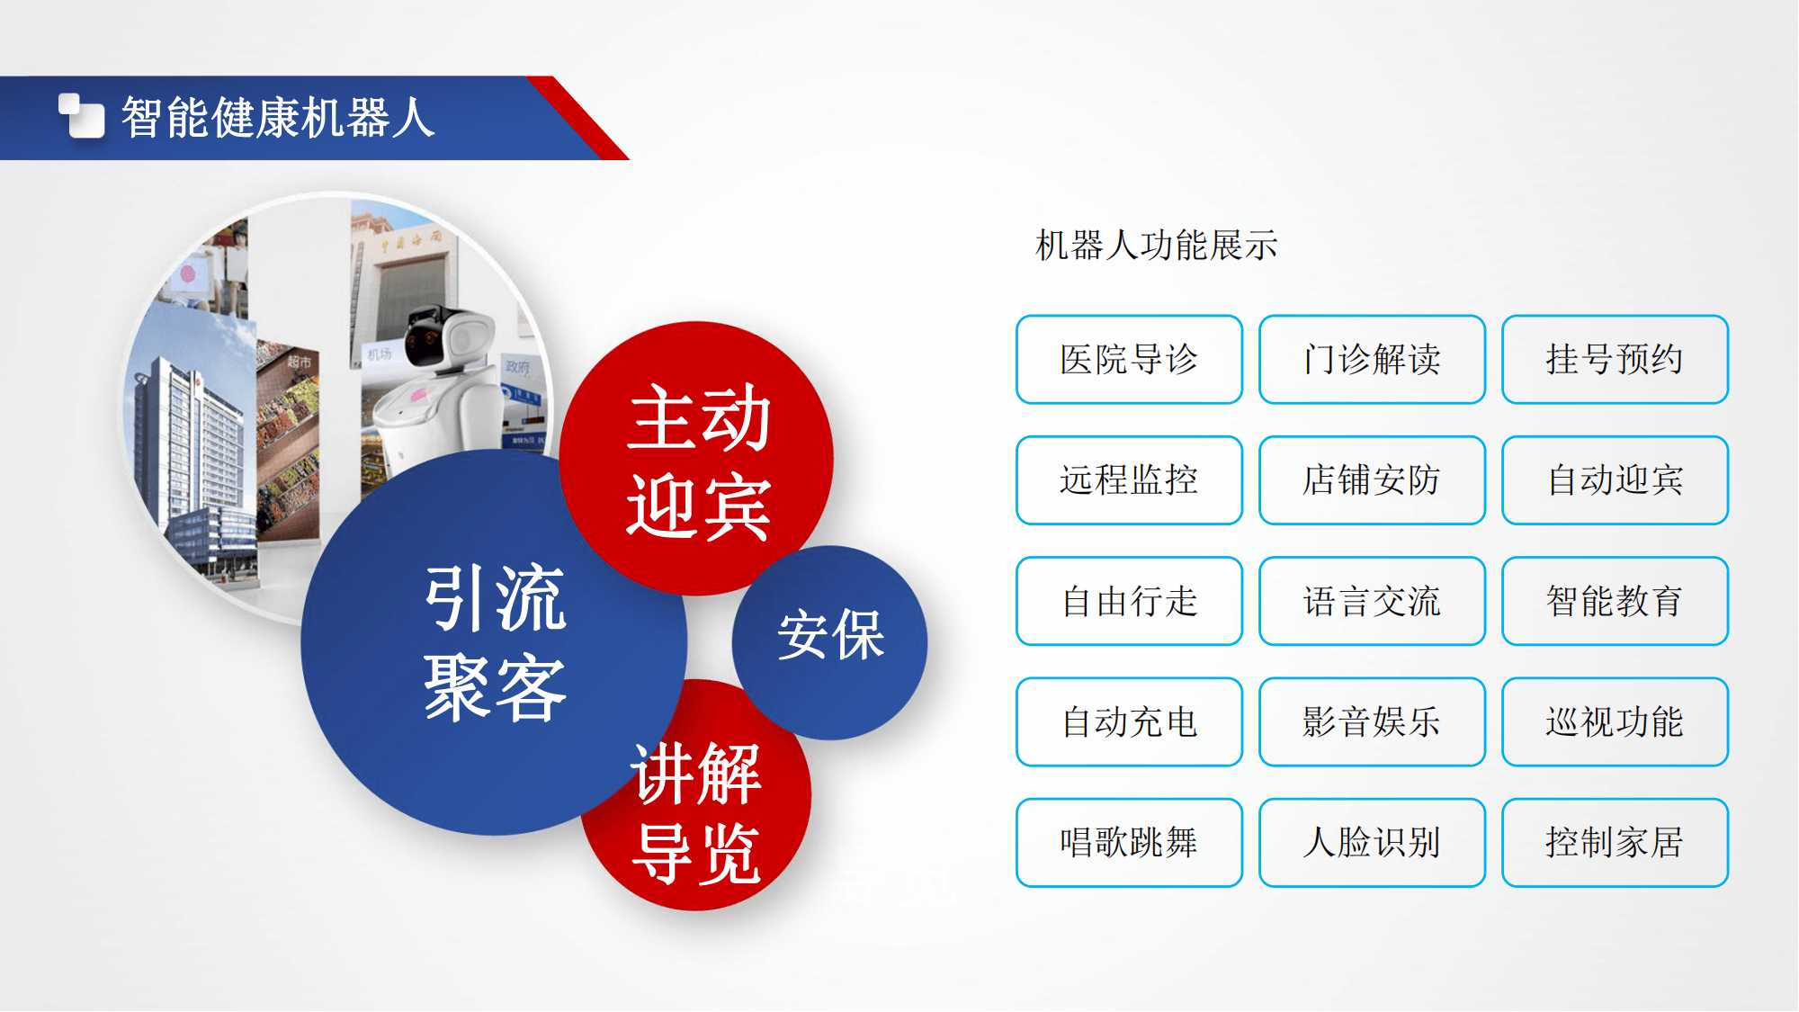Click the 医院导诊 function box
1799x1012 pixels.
coord(1129,360)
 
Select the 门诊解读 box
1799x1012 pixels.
coord(1372,360)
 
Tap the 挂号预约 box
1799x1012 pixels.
coord(1615,360)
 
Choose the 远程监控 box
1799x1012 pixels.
coord(1129,480)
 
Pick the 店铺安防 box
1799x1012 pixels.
coord(1372,480)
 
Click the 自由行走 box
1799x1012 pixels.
coord(1129,601)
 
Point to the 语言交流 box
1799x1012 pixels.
coord(1372,601)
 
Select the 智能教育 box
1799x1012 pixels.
coord(1615,601)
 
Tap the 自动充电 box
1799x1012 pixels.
coord(1129,721)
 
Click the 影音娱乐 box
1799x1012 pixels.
coord(1372,721)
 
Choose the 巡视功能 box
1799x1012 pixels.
coord(1615,721)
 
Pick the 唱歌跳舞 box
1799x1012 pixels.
coord(1129,843)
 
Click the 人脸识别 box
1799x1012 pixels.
coord(1372,843)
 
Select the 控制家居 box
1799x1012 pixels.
coord(1615,843)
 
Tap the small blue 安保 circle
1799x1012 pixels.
coord(829,642)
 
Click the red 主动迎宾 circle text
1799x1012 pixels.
coord(699,462)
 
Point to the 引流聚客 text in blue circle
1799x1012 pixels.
coord(495,642)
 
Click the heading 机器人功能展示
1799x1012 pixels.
coord(1156,245)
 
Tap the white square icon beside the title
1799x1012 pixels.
coord(82,116)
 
